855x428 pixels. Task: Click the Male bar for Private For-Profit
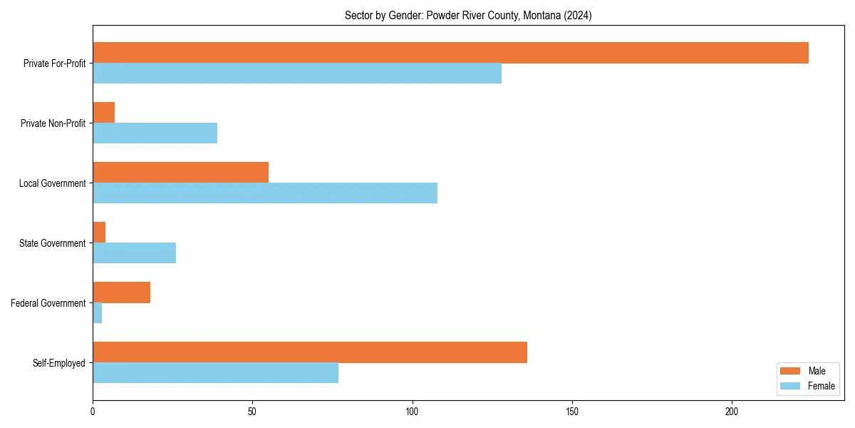(450, 53)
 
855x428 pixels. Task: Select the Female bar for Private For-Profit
(297, 73)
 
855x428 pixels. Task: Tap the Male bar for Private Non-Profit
(104, 113)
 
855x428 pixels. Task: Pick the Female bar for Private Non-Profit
(155, 133)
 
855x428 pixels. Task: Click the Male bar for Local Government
(181, 173)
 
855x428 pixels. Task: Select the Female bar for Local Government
(265, 193)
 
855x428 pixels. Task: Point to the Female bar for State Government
(135, 253)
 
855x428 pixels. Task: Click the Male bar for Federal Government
(122, 292)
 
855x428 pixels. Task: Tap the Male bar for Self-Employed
(310, 352)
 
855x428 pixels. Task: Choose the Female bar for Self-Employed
(216, 373)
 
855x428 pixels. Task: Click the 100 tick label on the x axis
(412, 412)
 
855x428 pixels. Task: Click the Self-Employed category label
(59, 363)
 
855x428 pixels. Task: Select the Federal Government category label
(48, 303)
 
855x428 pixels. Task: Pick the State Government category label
(53, 243)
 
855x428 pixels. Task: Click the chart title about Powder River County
(468, 15)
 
